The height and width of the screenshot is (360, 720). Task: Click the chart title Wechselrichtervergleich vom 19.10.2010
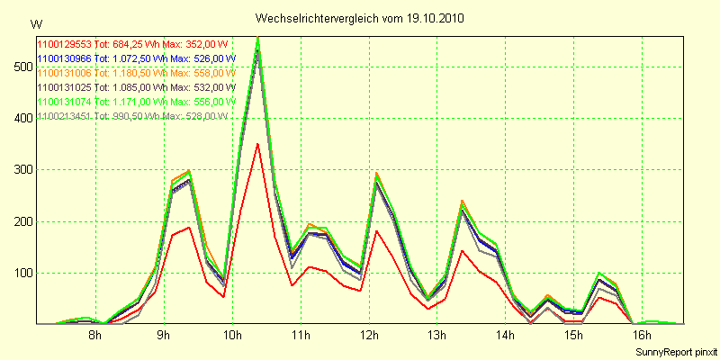point(360,18)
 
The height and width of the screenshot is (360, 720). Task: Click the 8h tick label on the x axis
point(95,336)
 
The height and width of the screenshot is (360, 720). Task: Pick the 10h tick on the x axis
point(232,336)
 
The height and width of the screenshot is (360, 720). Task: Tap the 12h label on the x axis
point(369,336)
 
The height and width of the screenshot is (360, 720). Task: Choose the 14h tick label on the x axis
point(506,336)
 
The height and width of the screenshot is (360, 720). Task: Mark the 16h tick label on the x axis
point(643,336)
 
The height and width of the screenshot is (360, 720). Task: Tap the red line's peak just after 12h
point(377,231)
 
